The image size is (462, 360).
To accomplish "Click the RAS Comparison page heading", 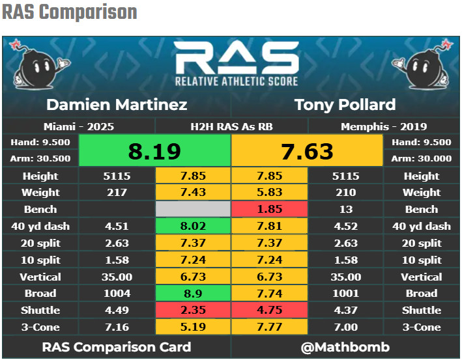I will coord(70,12).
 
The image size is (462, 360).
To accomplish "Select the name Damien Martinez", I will coord(117,104).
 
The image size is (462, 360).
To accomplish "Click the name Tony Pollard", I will coord(345,104).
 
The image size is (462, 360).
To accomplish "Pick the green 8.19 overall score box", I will coord(154,151).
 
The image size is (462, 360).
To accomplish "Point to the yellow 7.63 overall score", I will coord(307,151).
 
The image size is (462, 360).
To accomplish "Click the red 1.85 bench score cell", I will coord(269,210).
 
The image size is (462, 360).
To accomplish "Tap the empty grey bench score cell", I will coord(193,210).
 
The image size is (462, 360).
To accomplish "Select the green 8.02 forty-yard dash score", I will coord(193,227).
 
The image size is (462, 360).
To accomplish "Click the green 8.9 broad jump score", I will coord(193,294).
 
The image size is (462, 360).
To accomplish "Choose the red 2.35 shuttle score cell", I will coord(193,311).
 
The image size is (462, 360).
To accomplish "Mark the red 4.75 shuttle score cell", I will coord(269,311).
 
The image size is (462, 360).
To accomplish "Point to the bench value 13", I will coord(345,210).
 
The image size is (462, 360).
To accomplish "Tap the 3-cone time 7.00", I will coord(345,327).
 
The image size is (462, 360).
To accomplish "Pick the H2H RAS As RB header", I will coord(231,126).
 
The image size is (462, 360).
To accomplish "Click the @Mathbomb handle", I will coord(345,346).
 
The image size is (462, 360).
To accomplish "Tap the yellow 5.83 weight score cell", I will coord(269,193).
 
